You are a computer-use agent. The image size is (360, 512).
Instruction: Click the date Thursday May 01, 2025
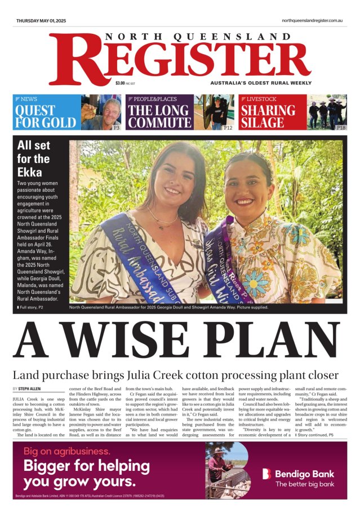[x=41, y=21]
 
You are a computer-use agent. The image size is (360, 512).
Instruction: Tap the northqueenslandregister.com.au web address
[x=313, y=21]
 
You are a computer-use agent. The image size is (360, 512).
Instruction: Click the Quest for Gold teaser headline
[x=45, y=116]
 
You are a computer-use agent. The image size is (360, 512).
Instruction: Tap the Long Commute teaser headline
[x=159, y=116]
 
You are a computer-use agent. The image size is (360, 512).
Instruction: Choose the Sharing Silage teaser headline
[x=268, y=116]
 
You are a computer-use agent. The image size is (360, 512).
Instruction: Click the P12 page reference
[x=228, y=128]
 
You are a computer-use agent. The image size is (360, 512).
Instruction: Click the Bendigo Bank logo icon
[x=266, y=474]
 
